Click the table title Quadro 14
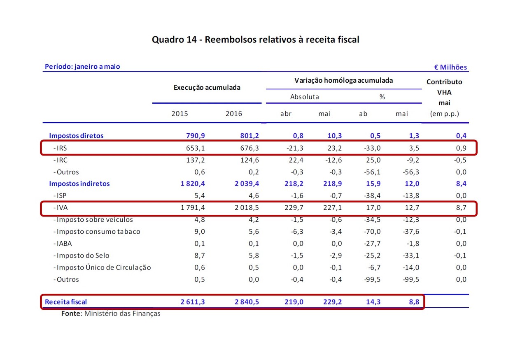point(255,39)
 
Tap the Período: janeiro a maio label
point(82,66)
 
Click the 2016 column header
point(234,114)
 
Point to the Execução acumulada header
point(207,87)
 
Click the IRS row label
point(61,148)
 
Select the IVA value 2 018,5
point(247,208)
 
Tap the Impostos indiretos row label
point(79,183)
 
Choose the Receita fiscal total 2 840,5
point(247,302)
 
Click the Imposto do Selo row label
point(83,255)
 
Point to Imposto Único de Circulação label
point(103,267)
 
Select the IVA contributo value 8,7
point(461,208)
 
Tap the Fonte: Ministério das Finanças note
point(111,314)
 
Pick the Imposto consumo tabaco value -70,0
point(372,232)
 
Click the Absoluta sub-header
point(304,97)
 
